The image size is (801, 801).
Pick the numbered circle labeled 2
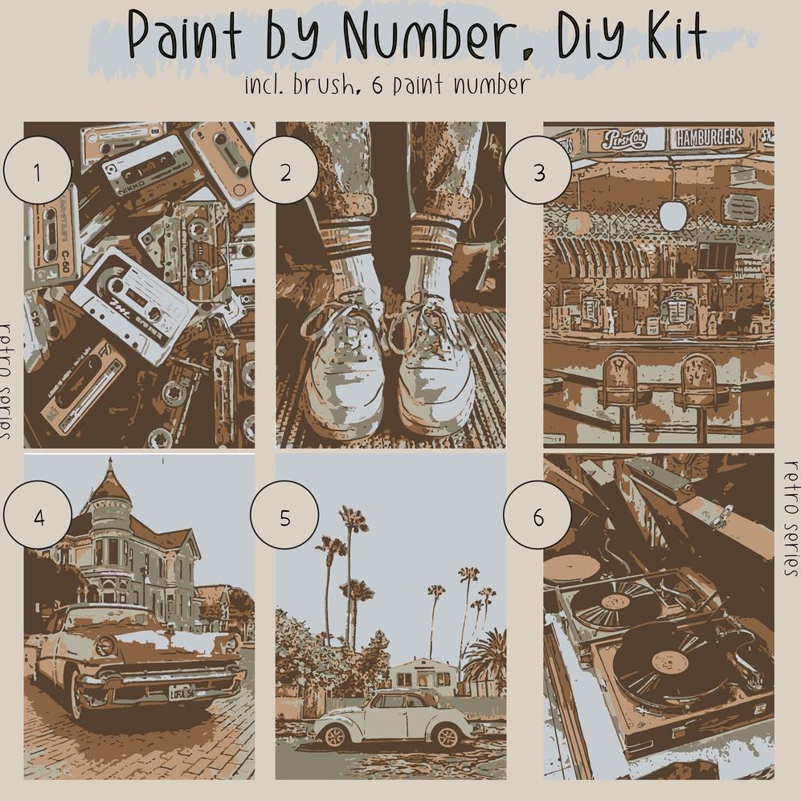coord(284,173)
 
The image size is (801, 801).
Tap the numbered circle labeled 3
coord(538,173)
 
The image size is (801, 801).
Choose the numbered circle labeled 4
coord(38,517)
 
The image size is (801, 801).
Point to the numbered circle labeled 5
coord(284,517)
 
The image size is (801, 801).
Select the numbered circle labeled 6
coord(537,517)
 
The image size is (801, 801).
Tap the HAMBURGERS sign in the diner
coord(709,138)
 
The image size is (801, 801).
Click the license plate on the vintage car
coord(182,692)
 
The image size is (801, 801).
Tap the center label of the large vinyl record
coord(669,662)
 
